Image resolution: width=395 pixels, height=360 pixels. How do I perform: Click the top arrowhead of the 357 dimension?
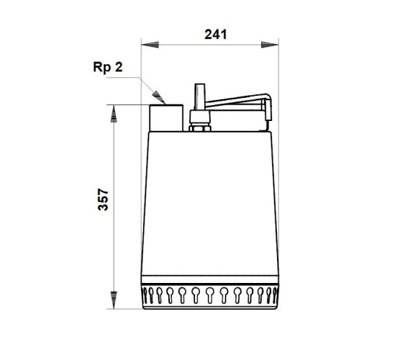(114, 112)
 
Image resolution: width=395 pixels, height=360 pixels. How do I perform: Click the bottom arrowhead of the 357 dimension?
(114, 297)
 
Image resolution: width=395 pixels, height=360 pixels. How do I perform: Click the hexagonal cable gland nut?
(198, 120)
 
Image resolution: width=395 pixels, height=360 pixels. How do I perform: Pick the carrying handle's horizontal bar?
(237, 101)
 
